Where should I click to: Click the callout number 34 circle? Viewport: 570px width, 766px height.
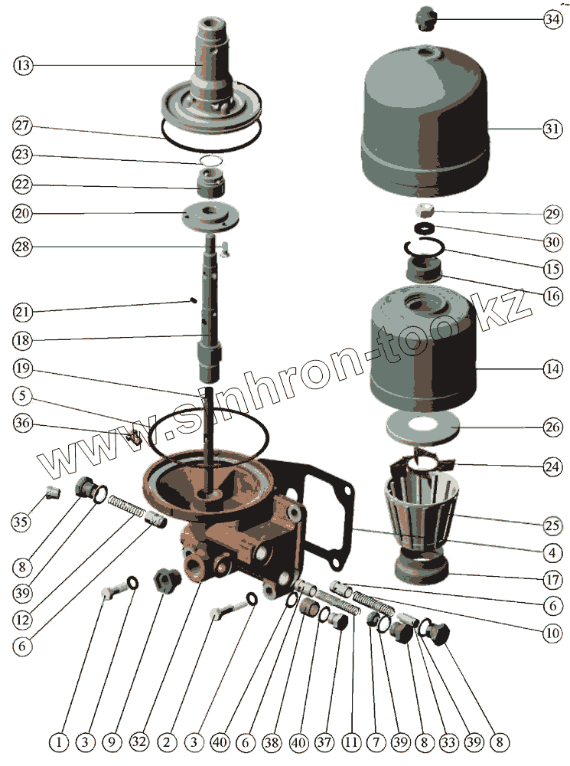click(552, 20)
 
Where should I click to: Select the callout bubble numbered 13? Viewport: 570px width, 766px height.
click(23, 65)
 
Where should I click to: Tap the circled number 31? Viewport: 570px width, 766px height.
click(552, 129)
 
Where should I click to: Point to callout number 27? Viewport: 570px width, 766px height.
click(22, 126)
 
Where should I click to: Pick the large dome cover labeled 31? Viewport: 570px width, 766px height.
click(424, 123)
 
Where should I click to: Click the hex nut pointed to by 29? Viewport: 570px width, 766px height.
click(424, 211)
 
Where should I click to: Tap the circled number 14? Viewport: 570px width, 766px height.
click(552, 368)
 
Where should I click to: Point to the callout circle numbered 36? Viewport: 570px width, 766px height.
click(23, 423)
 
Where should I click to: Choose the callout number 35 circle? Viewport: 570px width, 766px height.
click(21, 522)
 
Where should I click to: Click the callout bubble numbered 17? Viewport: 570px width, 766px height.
click(552, 580)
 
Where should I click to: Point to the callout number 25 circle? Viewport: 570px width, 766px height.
click(552, 525)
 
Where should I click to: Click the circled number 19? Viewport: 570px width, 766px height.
click(23, 368)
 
